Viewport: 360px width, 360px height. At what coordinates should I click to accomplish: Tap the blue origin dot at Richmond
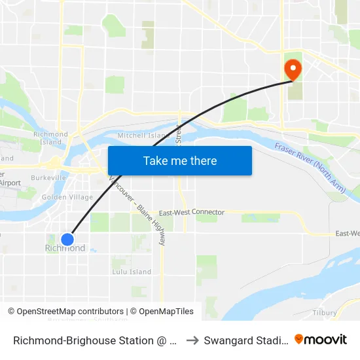(x=67, y=240)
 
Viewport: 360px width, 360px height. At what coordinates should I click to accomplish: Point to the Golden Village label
(x=67, y=197)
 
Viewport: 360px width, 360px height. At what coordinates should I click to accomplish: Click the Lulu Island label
(x=132, y=272)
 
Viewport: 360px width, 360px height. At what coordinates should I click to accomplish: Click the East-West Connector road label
(x=191, y=213)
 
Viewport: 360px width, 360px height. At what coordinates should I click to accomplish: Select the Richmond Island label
(x=50, y=138)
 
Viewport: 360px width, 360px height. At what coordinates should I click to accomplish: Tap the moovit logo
(x=320, y=340)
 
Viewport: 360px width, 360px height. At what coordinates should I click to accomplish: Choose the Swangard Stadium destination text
(x=245, y=340)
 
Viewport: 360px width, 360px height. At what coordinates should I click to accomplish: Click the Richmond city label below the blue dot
(x=65, y=249)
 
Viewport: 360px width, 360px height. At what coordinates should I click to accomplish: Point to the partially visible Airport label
(x=10, y=183)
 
